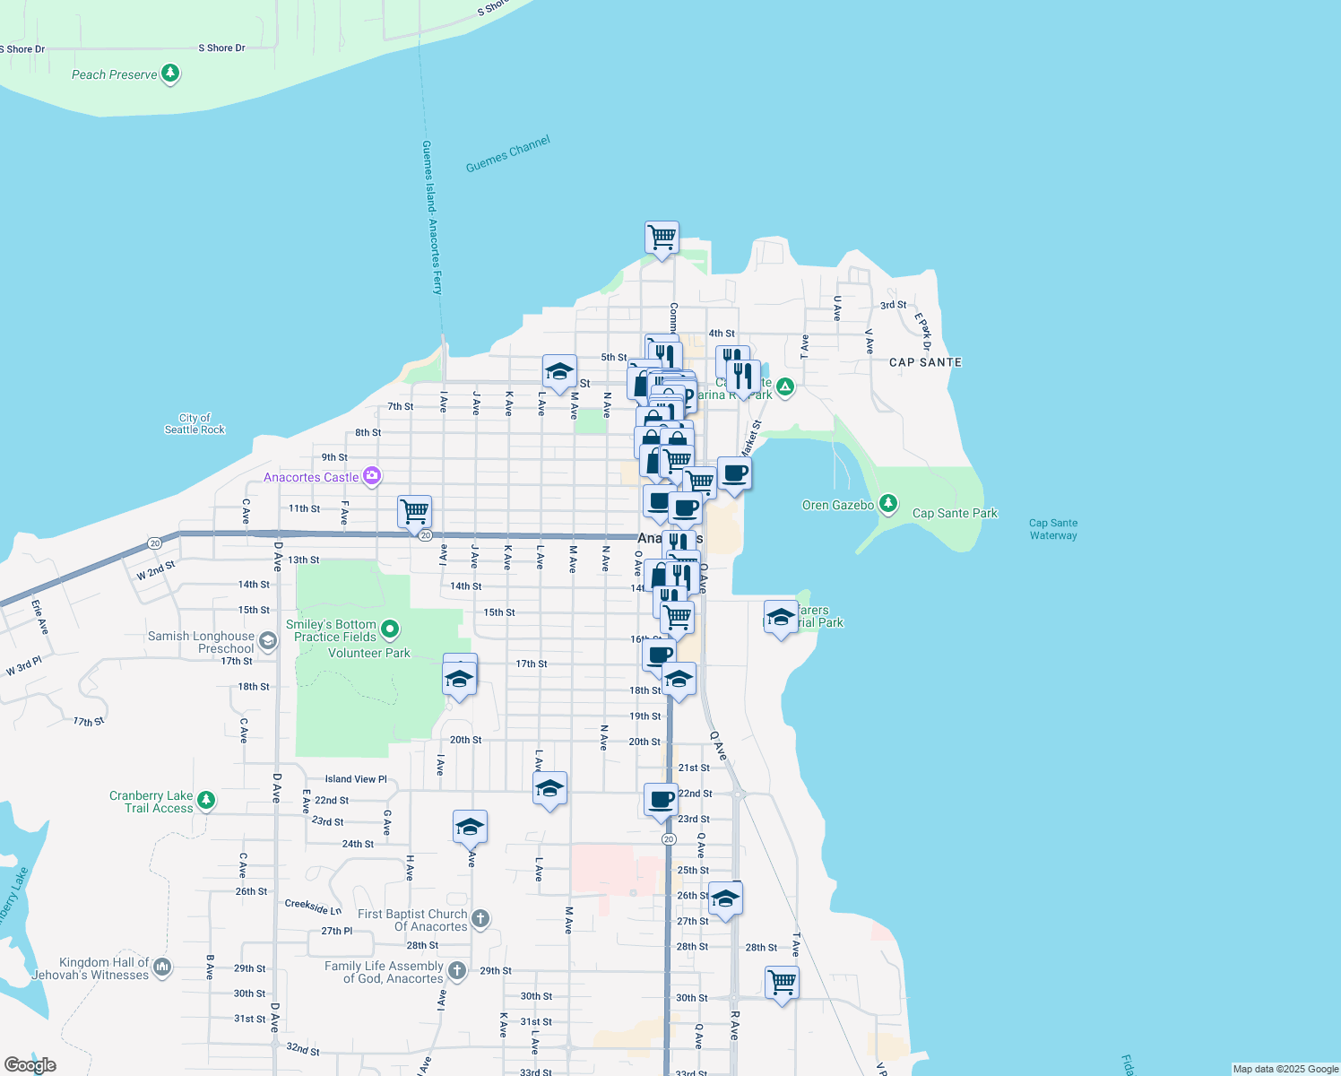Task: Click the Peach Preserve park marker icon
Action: click(x=170, y=74)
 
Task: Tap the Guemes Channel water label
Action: click(x=507, y=154)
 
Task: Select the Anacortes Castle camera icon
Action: click(x=371, y=476)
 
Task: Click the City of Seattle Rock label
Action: click(x=195, y=424)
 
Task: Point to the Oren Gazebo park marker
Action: click(x=887, y=504)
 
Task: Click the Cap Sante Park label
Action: click(x=955, y=514)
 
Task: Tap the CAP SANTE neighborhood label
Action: click(x=925, y=362)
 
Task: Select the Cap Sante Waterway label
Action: click(x=1053, y=529)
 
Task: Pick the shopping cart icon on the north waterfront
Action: click(x=662, y=238)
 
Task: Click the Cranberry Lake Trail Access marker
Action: click(x=206, y=800)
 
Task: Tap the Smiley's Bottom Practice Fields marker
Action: click(x=390, y=629)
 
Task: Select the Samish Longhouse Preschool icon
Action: click(x=267, y=641)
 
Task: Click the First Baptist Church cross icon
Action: click(x=480, y=918)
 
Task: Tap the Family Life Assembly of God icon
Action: click(x=456, y=970)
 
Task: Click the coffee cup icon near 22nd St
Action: click(x=661, y=799)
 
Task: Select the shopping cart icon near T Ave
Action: click(x=782, y=982)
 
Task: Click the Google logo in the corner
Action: click(x=30, y=1064)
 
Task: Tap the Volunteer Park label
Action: click(x=368, y=653)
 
